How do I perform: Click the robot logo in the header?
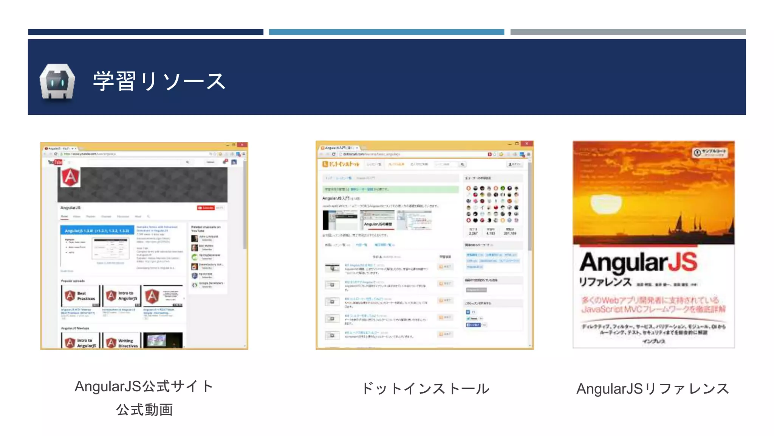(57, 82)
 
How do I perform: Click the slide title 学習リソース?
(159, 81)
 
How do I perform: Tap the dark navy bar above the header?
(146, 32)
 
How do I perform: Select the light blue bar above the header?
(386, 32)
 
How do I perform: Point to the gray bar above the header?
(628, 32)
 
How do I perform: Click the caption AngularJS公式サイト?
(144, 386)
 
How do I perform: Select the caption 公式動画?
(144, 410)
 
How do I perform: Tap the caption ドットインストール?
(425, 389)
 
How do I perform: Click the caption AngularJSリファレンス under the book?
(653, 389)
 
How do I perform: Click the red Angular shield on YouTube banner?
(71, 177)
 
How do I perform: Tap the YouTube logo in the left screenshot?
(55, 162)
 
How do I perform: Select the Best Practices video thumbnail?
(80, 296)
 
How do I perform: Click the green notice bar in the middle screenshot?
(390, 189)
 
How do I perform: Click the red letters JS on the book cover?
(683, 262)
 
